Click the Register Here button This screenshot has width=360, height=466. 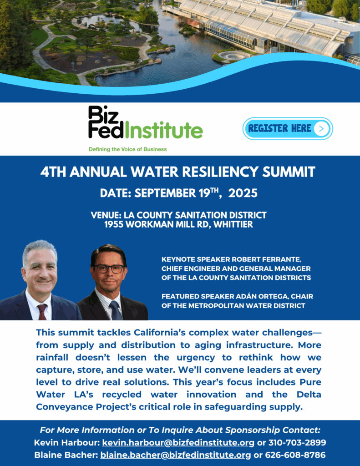pos(288,129)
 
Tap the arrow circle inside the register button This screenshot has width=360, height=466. pos(321,129)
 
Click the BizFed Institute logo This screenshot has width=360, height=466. pos(145,122)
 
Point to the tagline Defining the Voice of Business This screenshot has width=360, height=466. pos(128,149)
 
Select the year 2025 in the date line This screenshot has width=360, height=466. pos(243,193)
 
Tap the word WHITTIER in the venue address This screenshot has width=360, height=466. pos(233,224)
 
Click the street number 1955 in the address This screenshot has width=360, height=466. pos(114,224)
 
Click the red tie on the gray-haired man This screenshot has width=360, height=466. pos(42,312)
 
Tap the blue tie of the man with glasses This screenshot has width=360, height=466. pos(115,311)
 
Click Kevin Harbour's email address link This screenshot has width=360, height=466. pos(178,443)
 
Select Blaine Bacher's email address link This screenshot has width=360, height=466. pos(176,455)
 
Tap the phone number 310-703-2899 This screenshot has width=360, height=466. pos(297,442)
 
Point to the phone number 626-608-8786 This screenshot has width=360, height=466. pos(295,455)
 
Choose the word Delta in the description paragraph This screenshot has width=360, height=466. pos(309,395)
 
